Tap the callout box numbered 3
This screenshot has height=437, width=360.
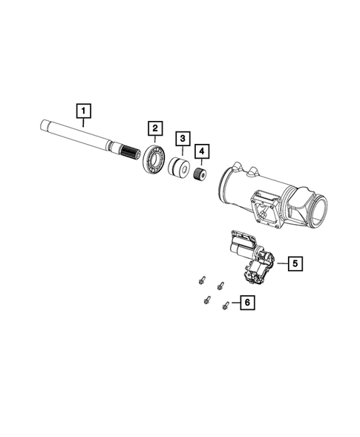[x=182, y=139]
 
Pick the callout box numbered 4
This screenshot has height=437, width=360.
[x=201, y=153]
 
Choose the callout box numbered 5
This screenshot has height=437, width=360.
[x=294, y=262]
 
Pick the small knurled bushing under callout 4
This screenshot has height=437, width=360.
[x=199, y=179]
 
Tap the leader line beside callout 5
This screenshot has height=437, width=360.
[x=281, y=262]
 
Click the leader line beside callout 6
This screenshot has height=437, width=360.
[x=234, y=302]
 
